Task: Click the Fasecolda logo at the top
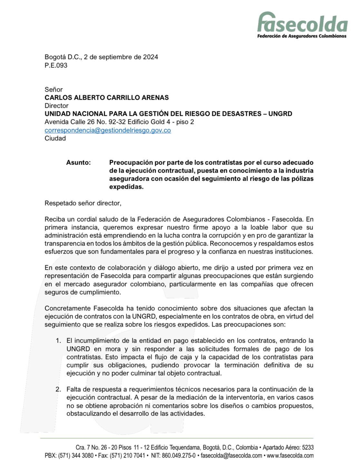point(302,22)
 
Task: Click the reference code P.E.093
point(56,65)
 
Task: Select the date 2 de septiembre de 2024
point(121,57)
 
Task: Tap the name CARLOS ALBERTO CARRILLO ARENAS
point(106,97)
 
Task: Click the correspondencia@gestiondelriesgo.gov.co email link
point(107,130)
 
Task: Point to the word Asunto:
point(78,163)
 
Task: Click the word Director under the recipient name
point(56,105)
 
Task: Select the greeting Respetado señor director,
point(83,203)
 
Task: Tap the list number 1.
point(58,341)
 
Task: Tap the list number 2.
point(58,389)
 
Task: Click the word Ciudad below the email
point(55,138)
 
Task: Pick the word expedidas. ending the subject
point(126,187)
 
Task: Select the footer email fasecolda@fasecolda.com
point(231,456)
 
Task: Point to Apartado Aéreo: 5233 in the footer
point(288,447)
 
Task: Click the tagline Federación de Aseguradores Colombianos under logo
point(302,36)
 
